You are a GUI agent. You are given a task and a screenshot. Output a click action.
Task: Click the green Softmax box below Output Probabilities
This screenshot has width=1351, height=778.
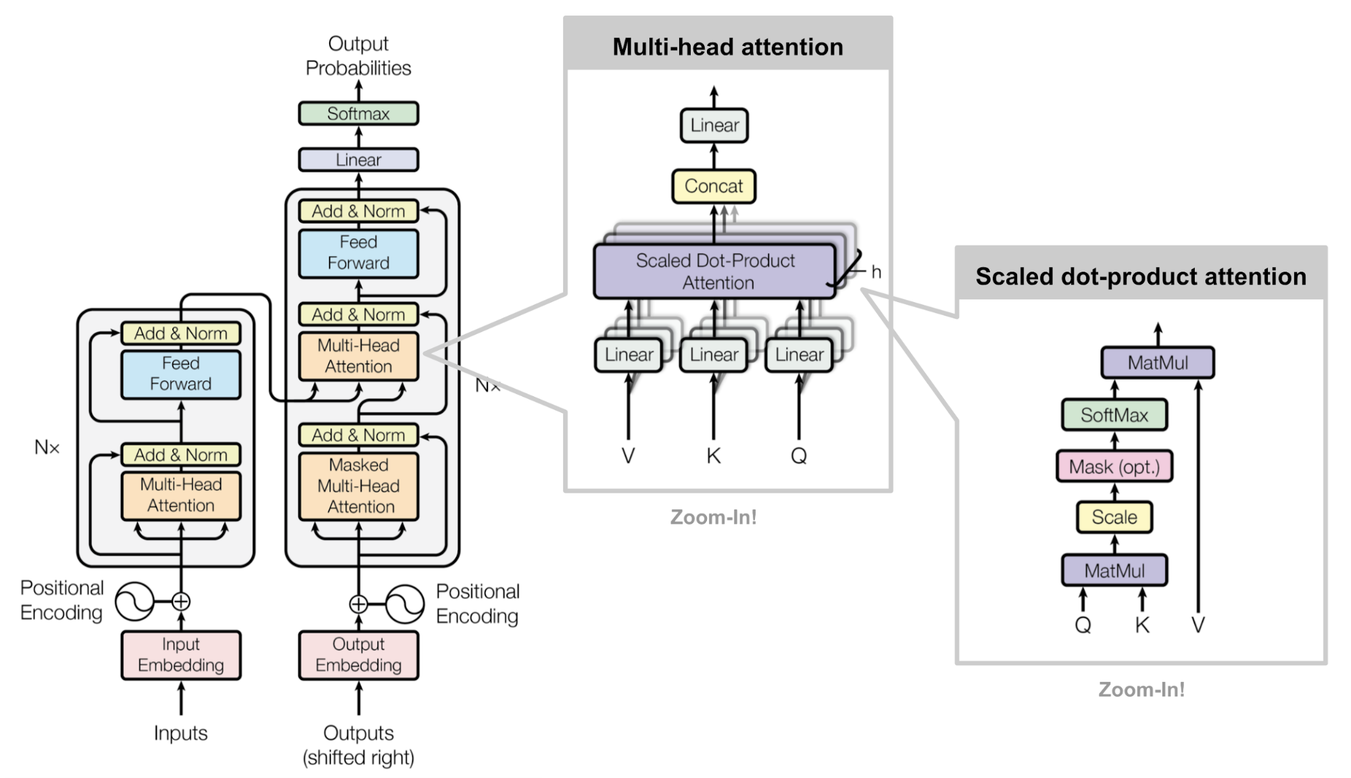tap(358, 114)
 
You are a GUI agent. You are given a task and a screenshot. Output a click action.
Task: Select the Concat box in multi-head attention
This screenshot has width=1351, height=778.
tap(714, 187)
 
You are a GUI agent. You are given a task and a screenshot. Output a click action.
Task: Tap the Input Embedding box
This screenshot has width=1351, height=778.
tap(180, 655)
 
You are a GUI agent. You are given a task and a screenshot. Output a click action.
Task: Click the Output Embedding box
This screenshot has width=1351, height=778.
tap(358, 655)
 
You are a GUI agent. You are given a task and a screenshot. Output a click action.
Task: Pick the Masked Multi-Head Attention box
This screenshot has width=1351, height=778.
tap(358, 486)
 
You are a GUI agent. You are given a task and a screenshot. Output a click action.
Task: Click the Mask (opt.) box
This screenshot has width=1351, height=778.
tap(1114, 466)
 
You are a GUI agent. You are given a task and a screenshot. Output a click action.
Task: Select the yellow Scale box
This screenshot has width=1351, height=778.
tap(1114, 517)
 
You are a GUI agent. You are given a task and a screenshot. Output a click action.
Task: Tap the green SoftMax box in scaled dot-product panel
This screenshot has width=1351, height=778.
tap(1114, 415)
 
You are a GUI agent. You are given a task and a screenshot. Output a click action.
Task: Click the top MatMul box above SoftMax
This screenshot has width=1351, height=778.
tap(1157, 363)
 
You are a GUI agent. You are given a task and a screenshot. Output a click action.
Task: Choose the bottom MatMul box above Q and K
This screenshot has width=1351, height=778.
tap(1114, 571)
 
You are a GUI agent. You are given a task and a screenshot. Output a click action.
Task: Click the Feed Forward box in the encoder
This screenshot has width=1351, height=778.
tap(180, 374)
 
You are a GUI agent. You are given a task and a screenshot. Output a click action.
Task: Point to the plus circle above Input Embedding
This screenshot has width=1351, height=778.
tap(181, 601)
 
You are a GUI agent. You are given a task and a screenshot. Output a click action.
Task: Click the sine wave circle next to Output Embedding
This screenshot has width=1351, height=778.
tap(405, 604)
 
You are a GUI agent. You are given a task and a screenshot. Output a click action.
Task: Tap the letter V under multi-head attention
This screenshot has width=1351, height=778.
tap(628, 456)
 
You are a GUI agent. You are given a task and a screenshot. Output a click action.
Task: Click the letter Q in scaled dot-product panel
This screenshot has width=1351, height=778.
tap(1083, 625)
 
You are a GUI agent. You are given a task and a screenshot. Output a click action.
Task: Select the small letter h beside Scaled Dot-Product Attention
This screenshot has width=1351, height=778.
tap(876, 272)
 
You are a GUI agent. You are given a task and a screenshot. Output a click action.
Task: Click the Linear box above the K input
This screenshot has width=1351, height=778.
tap(714, 355)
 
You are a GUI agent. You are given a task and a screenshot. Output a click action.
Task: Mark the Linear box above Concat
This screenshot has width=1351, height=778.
tap(714, 126)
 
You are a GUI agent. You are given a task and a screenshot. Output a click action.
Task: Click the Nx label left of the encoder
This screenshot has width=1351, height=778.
tap(47, 447)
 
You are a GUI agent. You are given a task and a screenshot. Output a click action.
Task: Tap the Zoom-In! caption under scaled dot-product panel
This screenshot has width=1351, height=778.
tap(1141, 689)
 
